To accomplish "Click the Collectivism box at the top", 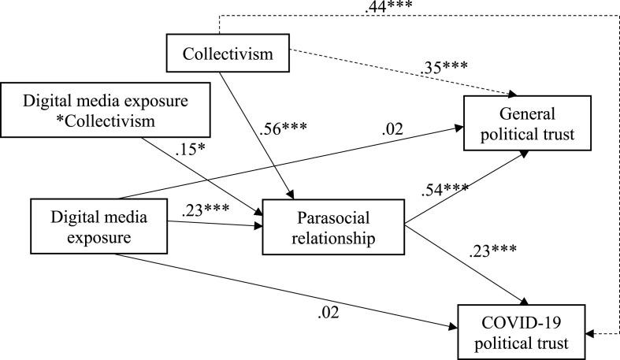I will pos(227,54).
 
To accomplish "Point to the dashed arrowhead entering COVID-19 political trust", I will pos(592,334).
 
